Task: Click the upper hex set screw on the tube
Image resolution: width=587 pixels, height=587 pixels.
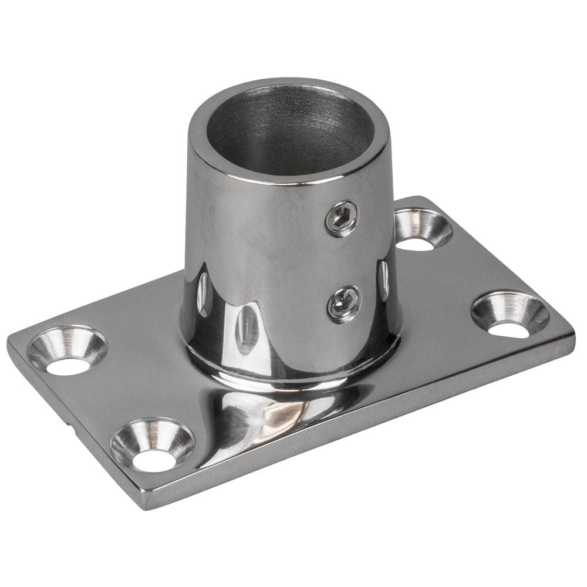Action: pos(342,218)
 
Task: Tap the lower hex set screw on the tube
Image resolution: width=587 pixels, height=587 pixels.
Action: pos(343,303)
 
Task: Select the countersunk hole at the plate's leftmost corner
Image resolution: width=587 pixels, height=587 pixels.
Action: pos(66,351)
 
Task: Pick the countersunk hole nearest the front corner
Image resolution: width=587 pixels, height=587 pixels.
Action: pos(152,445)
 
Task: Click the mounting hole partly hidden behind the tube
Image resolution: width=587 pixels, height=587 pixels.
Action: pos(423,230)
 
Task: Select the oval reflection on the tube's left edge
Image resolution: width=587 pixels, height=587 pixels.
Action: pos(202,293)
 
